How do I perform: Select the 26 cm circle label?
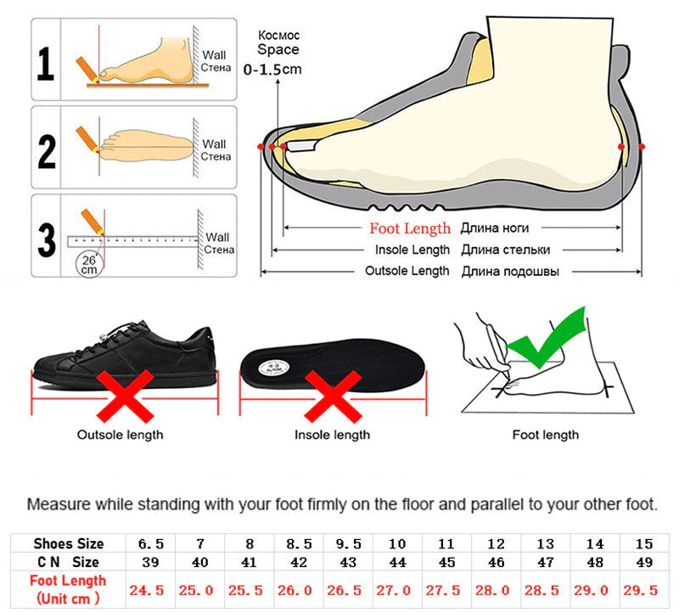[x=89, y=264]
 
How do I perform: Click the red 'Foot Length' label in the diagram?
[x=410, y=228]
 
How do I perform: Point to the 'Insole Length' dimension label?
[x=412, y=250]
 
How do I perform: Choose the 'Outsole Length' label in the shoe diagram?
[x=407, y=271]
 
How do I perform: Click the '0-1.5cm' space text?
[x=272, y=69]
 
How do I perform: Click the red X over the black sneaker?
[x=125, y=396]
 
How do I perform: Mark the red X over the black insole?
[x=334, y=395]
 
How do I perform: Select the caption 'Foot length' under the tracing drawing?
[x=545, y=435]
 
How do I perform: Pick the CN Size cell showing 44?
[x=396, y=562]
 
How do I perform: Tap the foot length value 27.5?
[x=446, y=589]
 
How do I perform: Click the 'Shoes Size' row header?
[x=69, y=543]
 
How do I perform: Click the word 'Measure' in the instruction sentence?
[x=56, y=504]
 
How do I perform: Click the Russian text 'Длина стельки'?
[x=506, y=250]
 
